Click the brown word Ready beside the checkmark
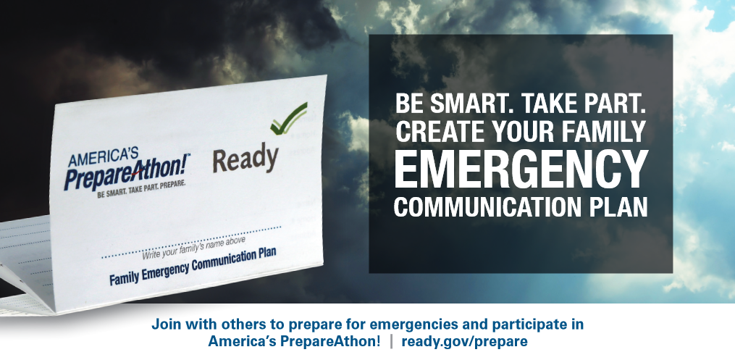click(x=245, y=159)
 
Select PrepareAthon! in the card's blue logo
click(x=127, y=172)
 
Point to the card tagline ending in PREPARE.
click(x=141, y=189)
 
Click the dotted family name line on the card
click(x=191, y=242)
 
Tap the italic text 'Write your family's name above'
click(x=193, y=248)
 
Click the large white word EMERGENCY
click(x=521, y=169)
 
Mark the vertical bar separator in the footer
click(x=392, y=341)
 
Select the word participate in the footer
click(x=528, y=325)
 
